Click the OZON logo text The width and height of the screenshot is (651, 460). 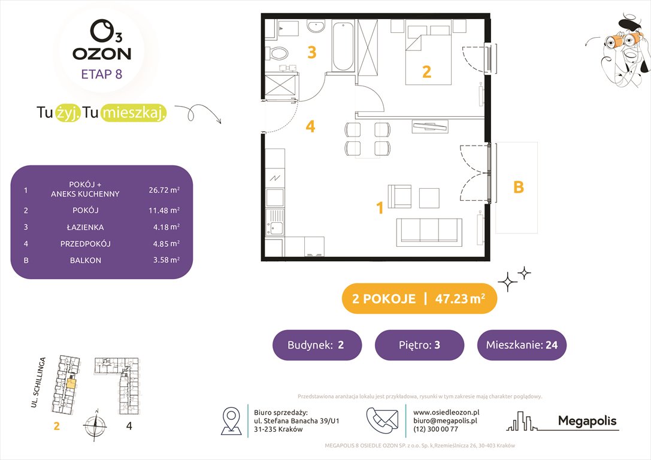tap(102, 53)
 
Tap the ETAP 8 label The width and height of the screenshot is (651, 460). tap(102, 75)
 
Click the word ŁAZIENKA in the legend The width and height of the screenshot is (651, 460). tap(85, 227)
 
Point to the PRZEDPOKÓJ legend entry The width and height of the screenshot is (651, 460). tap(85, 244)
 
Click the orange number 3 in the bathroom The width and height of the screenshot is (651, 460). tap(311, 53)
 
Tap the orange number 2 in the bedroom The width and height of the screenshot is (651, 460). tap(426, 72)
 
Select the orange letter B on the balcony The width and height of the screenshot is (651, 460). tap(519, 187)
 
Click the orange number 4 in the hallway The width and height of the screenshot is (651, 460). tap(310, 126)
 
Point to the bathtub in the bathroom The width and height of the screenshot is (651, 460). tap(343, 46)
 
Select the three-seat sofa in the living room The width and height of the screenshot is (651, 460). tap(429, 231)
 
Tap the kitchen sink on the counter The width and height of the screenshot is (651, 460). tap(275, 226)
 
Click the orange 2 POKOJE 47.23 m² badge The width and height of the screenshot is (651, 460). tap(419, 299)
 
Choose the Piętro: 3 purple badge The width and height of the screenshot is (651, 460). tap(419, 345)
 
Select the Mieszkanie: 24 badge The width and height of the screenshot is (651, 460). tap(522, 345)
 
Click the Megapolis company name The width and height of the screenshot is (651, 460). tap(587, 420)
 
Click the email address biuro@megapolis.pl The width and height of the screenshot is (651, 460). tap(445, 420)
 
